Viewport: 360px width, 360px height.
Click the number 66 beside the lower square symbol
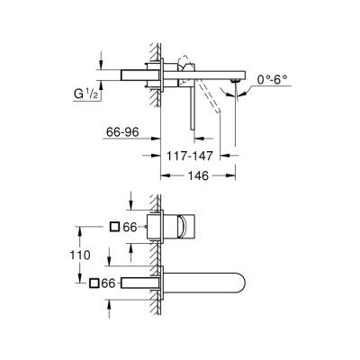pyautogui.click(x=110, y=284)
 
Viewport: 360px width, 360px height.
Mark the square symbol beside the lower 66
pyautogui.click(x=94, y=284)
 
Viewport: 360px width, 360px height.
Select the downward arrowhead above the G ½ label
pyautogui.click(x=100, y=63)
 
